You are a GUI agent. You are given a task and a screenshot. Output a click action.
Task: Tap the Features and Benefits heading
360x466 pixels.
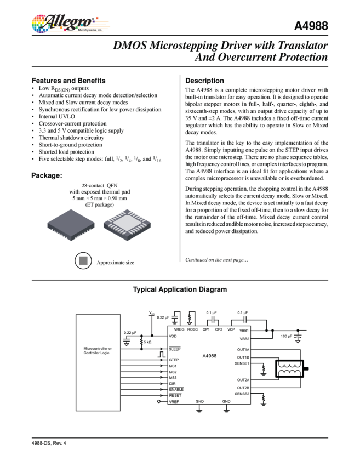point(68,80)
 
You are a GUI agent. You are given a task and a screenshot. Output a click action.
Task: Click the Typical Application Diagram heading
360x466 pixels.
point(180,289)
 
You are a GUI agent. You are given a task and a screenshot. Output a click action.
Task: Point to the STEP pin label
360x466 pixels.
point(174,360)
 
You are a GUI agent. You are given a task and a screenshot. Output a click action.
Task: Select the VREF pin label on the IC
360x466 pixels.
point(175,402)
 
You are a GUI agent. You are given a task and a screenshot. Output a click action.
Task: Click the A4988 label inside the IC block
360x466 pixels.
point(209,356)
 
